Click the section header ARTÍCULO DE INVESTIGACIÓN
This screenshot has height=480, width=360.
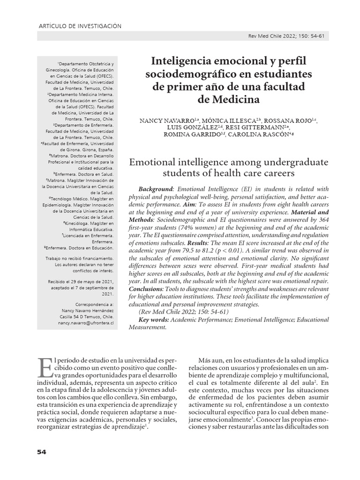tap(79, 26)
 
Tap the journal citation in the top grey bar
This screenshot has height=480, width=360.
tap(285, 36)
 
